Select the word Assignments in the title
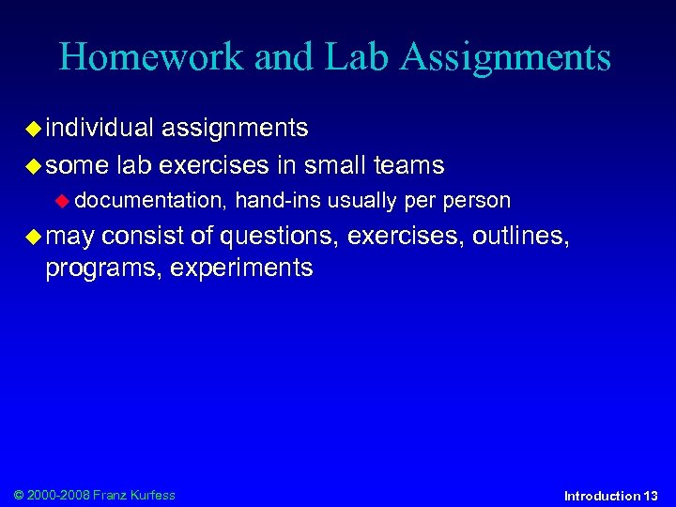click(506, 58)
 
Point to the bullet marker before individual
click(34, 128)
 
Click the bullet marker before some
click(34, 166)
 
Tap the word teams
click(408, 166)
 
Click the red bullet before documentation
click(64, 201)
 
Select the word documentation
click(150, 200)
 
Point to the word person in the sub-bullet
click(477, 200)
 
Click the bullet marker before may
click(34, 236)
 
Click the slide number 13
click(651, 495)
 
